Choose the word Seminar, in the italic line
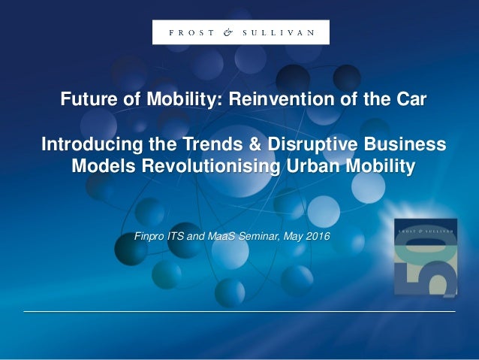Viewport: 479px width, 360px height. pyautogui.click(x=263, y=237)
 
